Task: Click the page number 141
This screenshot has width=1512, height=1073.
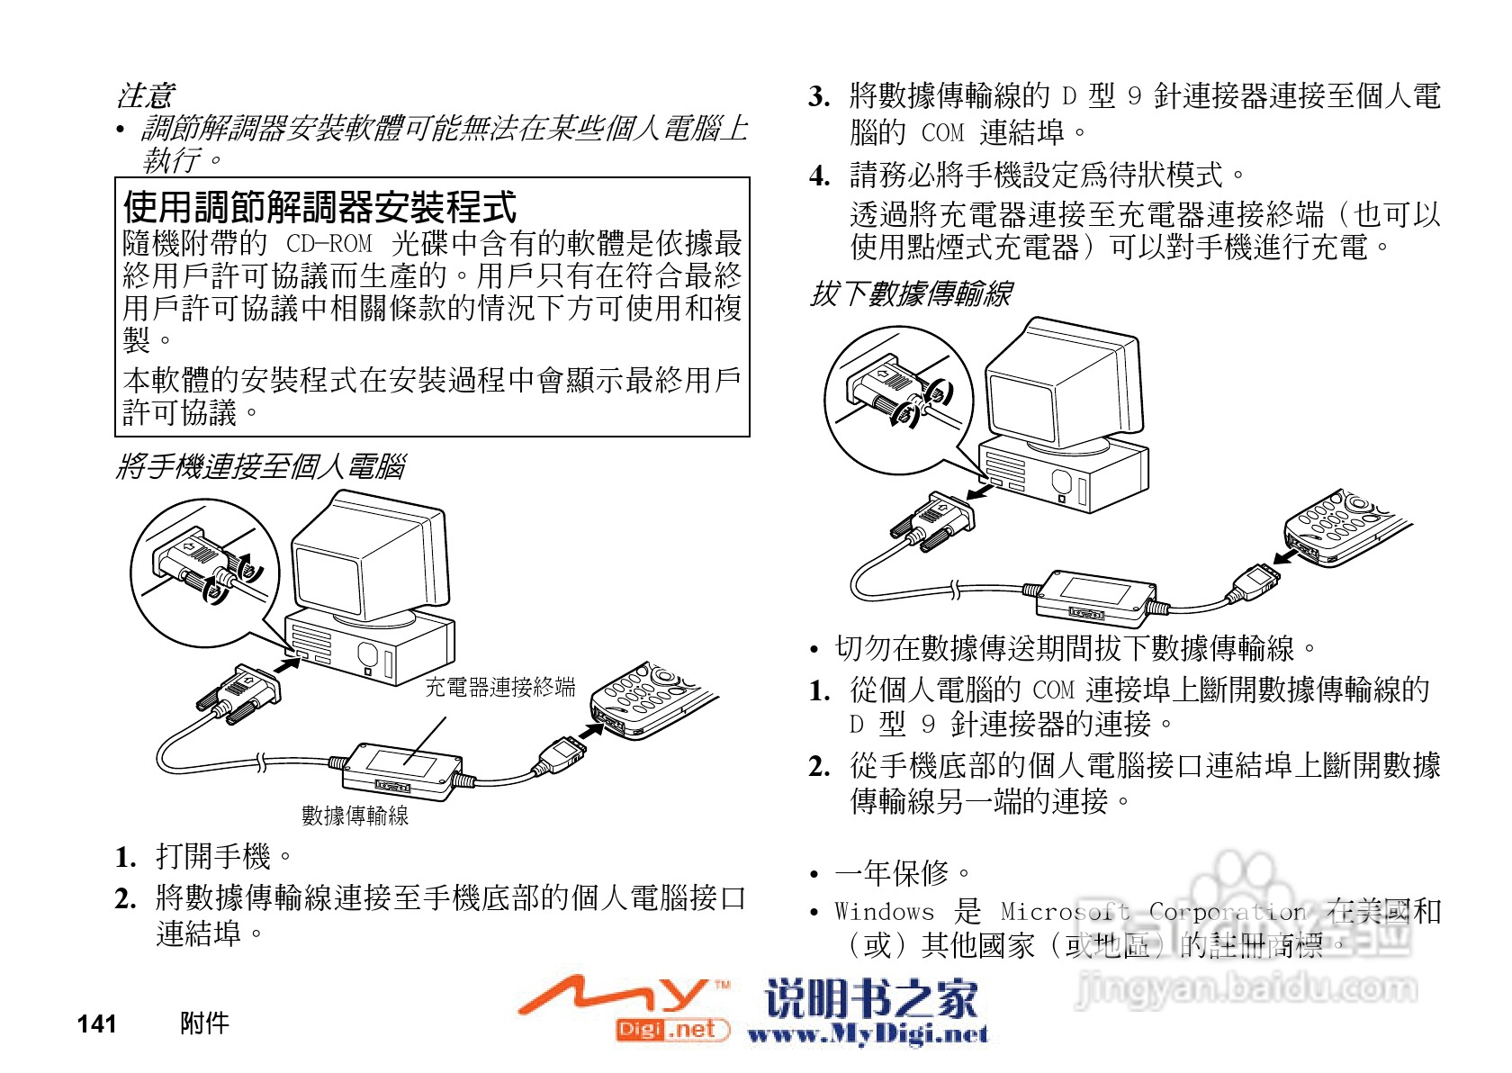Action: [97, 1023]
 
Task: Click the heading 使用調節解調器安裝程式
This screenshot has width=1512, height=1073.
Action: [319, 208]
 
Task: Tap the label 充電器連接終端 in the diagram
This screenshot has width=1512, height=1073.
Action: [499, 688]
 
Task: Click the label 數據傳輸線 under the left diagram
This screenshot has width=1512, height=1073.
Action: [355, 816]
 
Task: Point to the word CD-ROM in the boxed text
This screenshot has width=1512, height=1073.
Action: [328, 244]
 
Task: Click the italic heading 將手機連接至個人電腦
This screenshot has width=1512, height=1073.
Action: [261, 466]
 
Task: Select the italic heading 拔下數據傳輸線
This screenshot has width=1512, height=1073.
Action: [911, 293]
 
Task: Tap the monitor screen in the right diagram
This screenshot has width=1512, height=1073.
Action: [1021, 404]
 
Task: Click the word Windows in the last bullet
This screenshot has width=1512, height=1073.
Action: [884, 912]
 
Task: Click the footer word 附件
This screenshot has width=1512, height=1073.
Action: [204, 1023]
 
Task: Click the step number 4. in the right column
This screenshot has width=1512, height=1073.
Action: [819, 176]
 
